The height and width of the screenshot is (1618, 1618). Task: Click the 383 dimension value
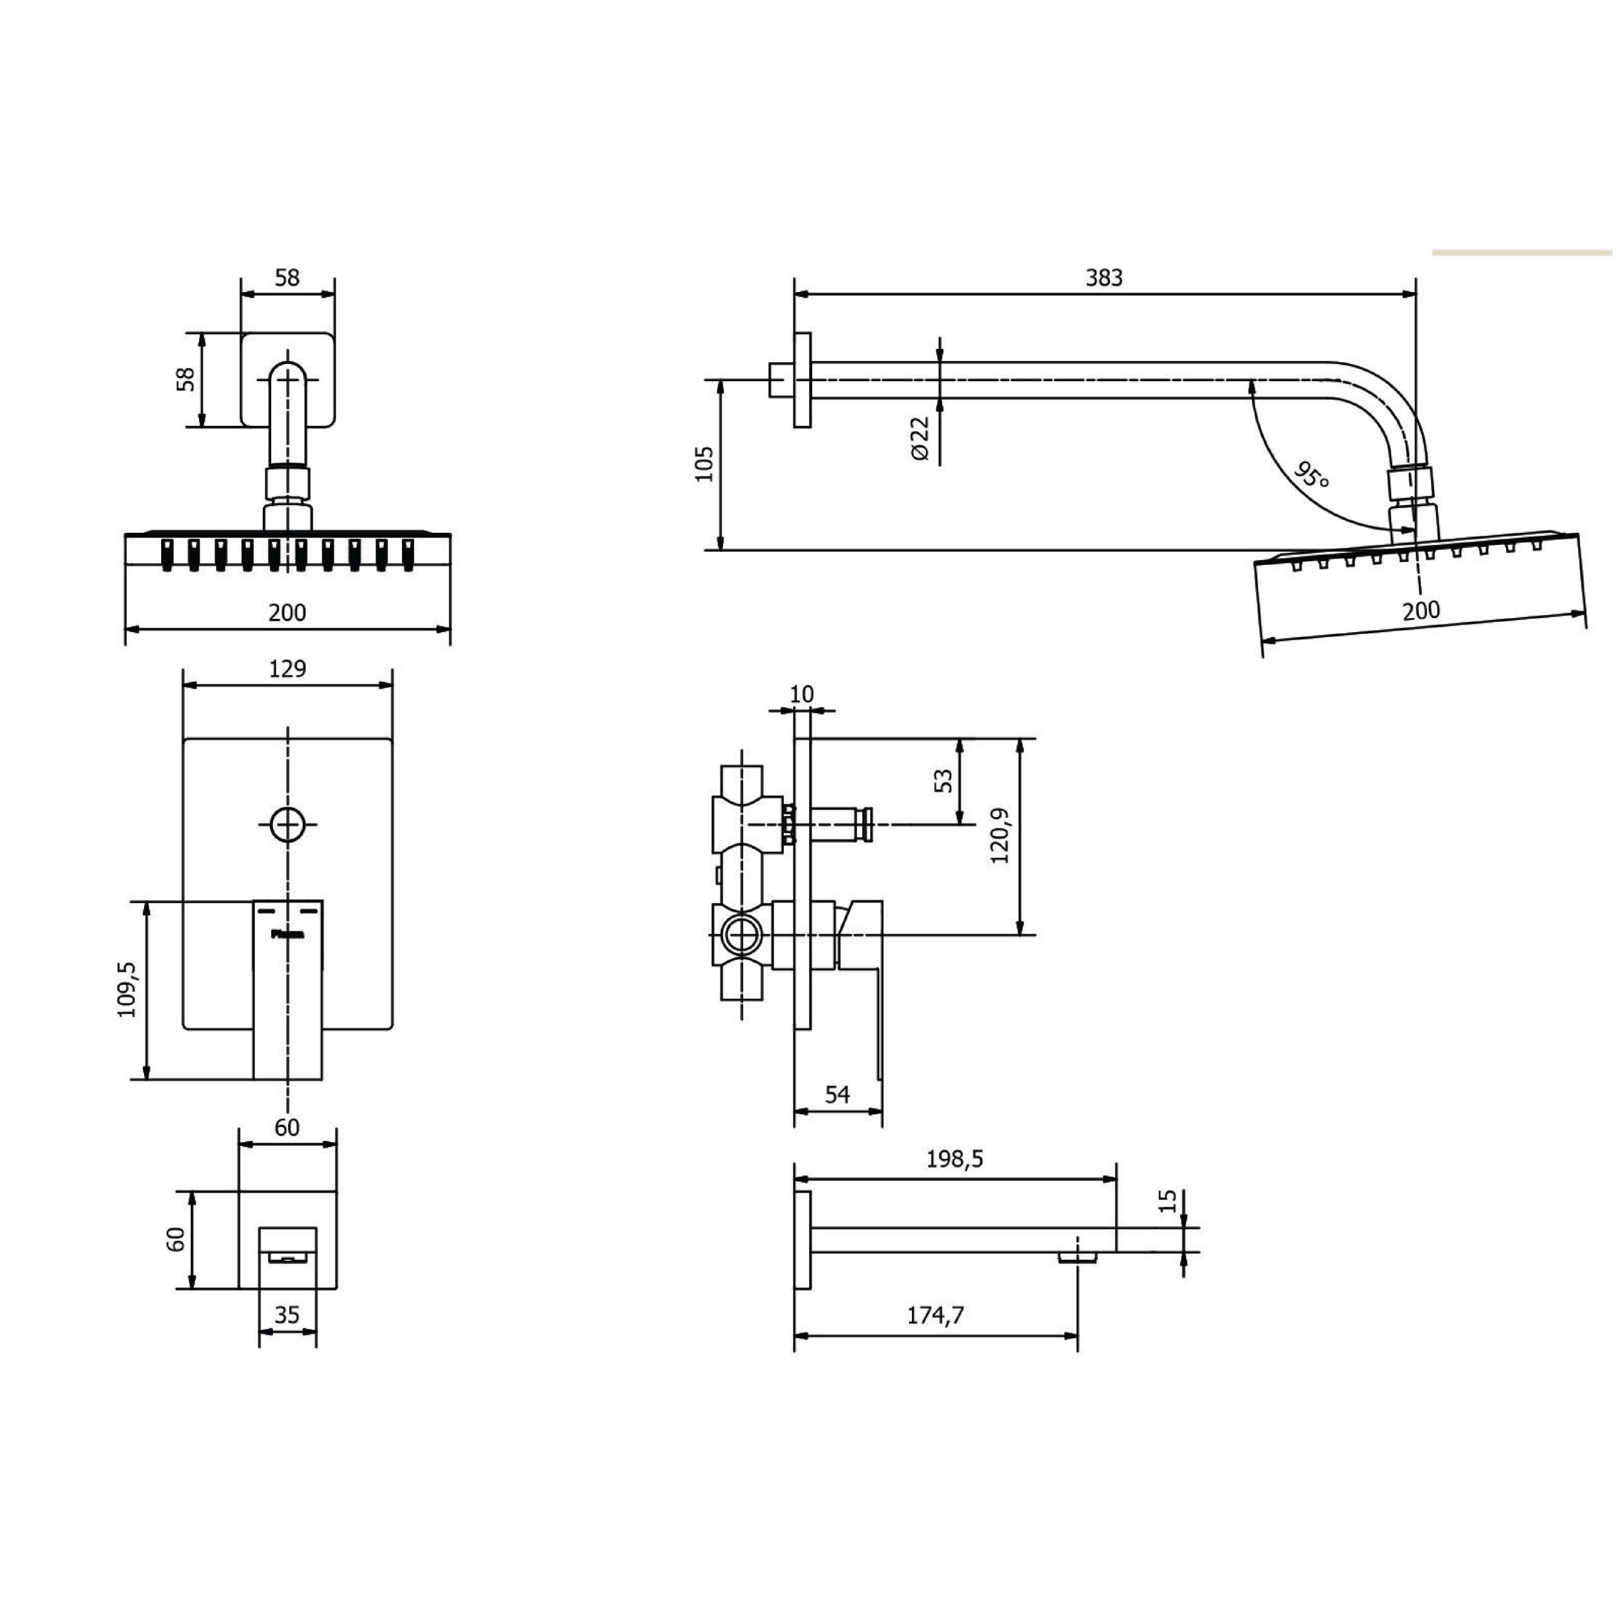[1103, 277]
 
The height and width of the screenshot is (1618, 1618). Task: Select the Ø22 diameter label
[919, 437]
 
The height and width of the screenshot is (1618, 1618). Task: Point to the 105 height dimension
[703, 464]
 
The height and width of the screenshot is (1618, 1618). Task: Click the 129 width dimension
[287, 668]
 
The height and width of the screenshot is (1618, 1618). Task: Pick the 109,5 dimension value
[126, 989]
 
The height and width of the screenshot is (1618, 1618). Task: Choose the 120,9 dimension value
[999, 836]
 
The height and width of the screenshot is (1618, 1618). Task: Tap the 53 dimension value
[943, 781]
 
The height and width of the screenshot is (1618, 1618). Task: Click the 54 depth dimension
[837, 1094]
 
